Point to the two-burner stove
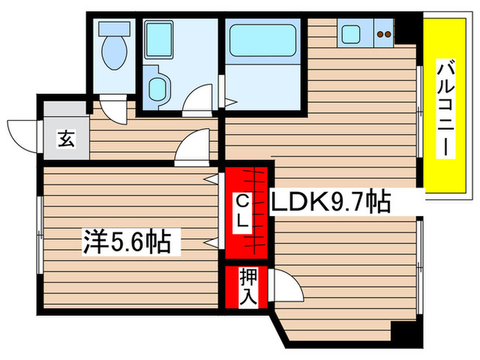point(385,33)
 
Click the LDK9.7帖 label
point(332,202)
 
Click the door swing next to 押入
point(287,284)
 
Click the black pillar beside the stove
point(409,29)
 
